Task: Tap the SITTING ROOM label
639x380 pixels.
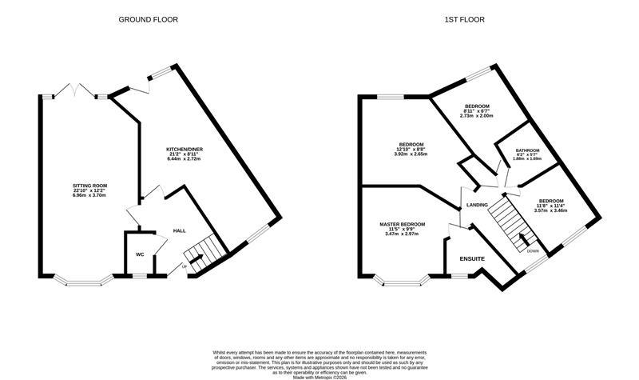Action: point(89,185)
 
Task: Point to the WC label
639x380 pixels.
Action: point(139,254)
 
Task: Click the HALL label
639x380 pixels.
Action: point(180,231)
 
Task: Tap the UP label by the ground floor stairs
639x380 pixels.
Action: point(185,266)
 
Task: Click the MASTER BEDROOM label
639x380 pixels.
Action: point(403,224)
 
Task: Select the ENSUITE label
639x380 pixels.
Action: point(472,259)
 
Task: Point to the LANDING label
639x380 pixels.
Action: point(477,206)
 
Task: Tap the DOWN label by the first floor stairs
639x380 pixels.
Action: point(533,250)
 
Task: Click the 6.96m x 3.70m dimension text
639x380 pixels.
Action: point(89,195)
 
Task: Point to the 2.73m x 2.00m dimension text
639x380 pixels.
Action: point(477,116)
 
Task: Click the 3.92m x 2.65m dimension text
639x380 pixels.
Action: point(411,154)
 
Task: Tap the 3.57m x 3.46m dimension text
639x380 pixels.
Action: point(550,210)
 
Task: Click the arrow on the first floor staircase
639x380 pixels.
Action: point(523,238)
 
